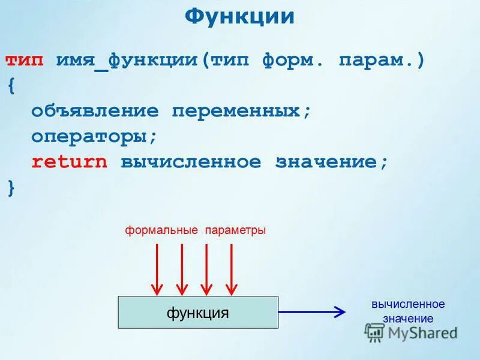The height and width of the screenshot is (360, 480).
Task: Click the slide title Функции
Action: [239, 16]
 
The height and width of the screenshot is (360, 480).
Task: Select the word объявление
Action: [95, 111]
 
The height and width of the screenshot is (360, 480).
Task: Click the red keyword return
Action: [70, 161]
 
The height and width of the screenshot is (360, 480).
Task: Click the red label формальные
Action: [161, 230]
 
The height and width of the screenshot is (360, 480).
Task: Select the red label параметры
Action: [235, 230]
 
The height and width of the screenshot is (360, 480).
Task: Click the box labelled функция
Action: [198, 312]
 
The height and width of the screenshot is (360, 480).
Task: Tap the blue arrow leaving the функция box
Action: [312, 311]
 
